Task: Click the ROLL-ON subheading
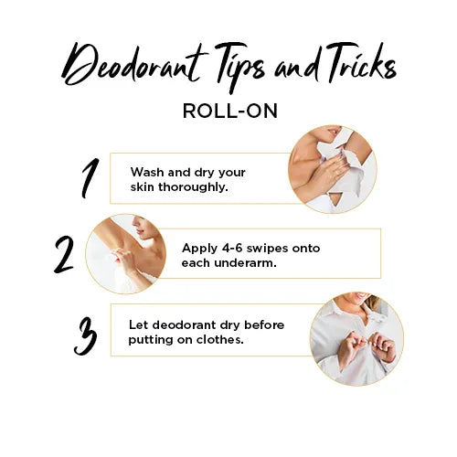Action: (228, 111)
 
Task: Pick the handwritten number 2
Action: (63, 255)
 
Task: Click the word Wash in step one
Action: (147, 172)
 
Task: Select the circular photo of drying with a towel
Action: (331, 170)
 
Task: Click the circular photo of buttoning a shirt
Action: (355, 338)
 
